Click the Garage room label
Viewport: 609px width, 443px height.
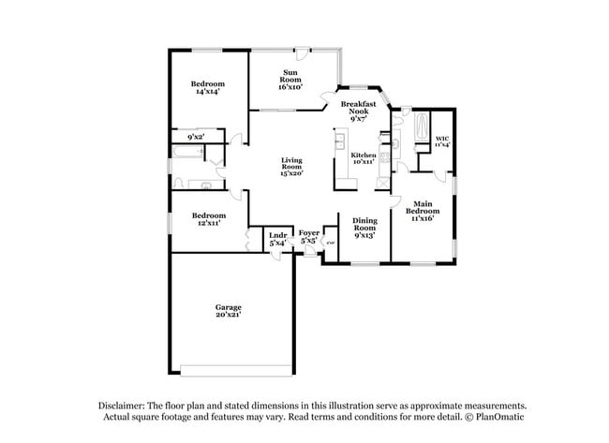tap(229, 311)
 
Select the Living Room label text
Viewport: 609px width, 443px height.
tap(291, 167)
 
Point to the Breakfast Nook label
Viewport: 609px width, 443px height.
tap(359, 111)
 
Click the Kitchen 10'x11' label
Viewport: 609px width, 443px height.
tap(364, 158)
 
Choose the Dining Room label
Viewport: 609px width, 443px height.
tap(364, 228)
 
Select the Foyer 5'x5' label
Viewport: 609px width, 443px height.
tap(309, 236)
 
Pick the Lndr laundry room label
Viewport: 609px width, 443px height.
tap(277, 239)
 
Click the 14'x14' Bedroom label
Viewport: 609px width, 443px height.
tap(208, 87)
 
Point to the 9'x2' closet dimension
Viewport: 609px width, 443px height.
tap(196, 138)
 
